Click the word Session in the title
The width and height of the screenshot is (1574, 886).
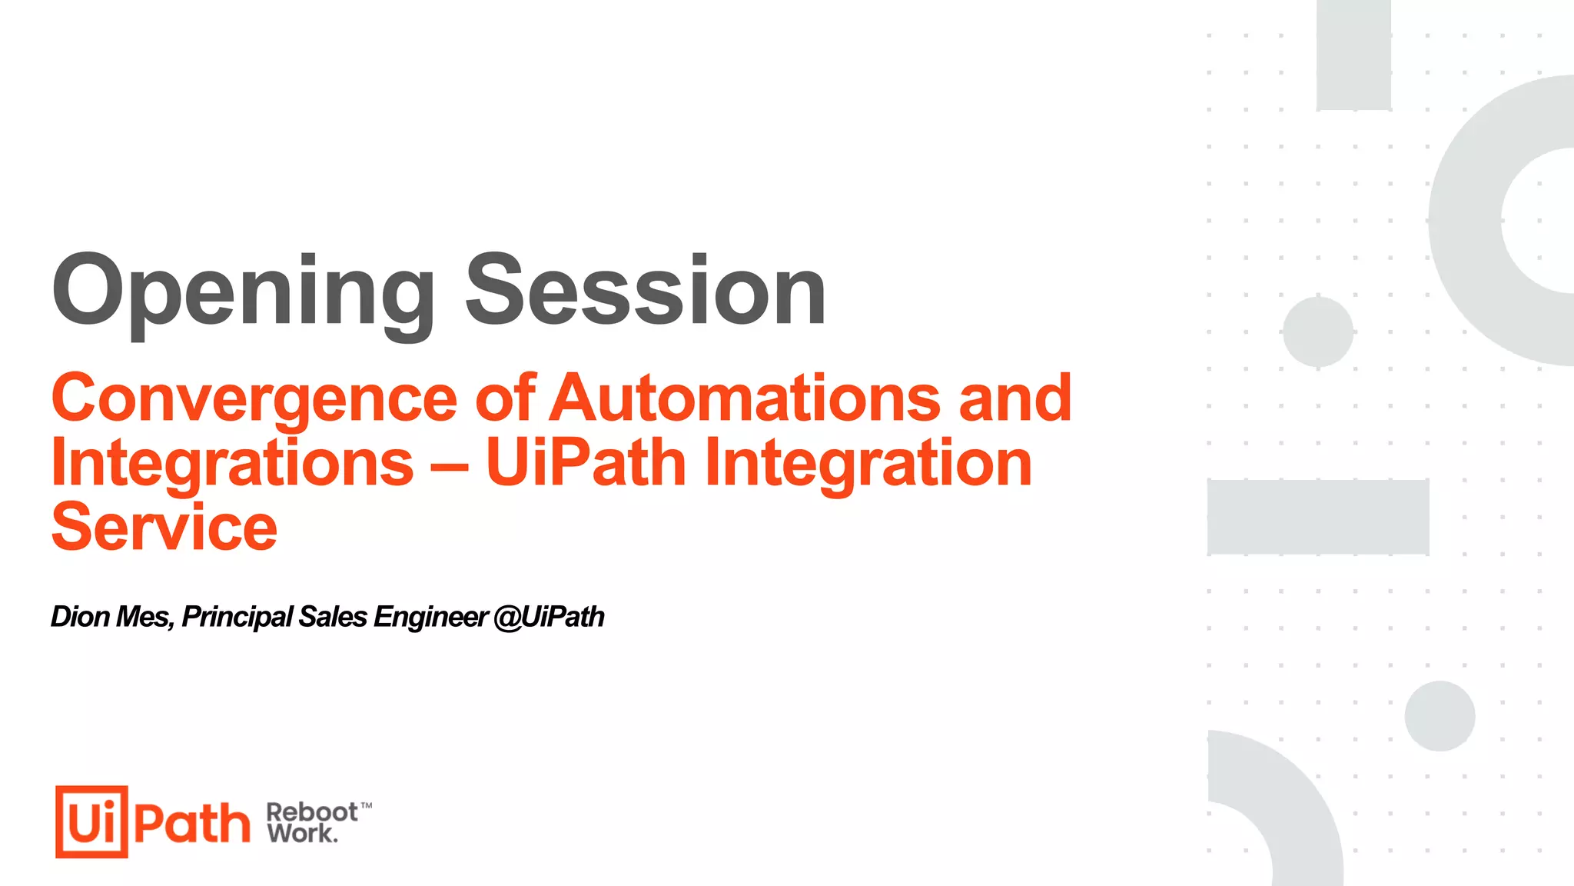point(646,291)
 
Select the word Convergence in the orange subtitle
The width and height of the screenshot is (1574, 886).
point(254,398)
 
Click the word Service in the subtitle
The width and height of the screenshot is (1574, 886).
point(164,528)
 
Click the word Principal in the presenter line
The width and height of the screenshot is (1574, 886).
point(237,617)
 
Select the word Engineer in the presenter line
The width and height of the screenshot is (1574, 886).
point(430,617)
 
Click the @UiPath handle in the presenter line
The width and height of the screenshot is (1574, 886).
point(549,617)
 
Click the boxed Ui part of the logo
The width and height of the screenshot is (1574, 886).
point(91,821)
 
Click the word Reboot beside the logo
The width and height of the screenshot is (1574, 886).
point(311,812)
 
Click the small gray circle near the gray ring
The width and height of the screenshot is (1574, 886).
point(1317,332)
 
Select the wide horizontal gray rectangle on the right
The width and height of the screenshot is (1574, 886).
point(1317,517)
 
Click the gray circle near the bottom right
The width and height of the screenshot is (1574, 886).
point(1439,716)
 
